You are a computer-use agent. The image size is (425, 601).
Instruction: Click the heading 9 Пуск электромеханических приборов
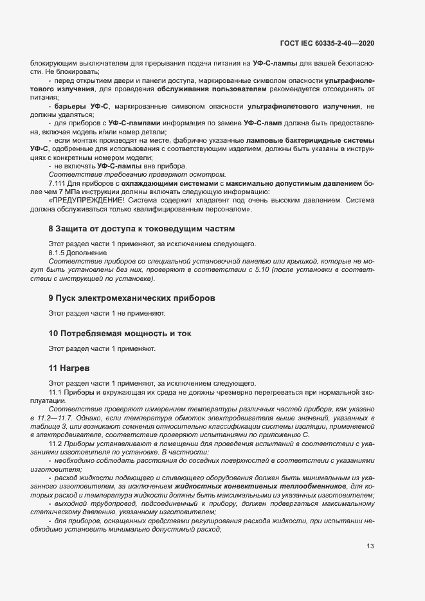[132, 298]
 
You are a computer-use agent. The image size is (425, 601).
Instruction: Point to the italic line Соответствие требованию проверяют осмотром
[138, 175]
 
